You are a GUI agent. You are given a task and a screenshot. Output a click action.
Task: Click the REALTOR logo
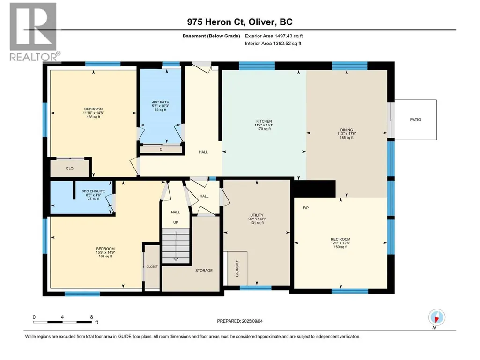click(34, 32)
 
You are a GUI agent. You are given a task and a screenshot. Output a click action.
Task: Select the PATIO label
click(415, 120)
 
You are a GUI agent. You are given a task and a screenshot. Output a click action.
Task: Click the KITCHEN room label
click(264, 121)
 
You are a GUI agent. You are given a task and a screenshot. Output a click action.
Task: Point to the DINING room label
click(347, 130)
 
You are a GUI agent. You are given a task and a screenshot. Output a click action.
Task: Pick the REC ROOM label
click(340, 239)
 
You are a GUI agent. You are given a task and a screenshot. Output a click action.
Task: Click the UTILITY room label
click(257, 215)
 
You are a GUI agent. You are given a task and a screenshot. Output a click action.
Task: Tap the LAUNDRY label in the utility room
click(237, 268)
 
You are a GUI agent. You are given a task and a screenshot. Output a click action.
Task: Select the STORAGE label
click(204, 271)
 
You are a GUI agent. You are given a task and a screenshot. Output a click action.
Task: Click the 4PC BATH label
click(161, 102)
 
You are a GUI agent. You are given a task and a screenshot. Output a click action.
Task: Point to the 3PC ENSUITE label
click(93, 191)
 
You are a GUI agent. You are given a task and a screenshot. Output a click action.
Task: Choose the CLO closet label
click(69, 169)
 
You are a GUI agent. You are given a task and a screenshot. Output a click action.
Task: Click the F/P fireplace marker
click(306, 208)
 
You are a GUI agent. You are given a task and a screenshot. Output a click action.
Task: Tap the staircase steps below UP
click(176, 245)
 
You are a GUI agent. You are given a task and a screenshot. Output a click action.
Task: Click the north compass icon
click(437, 317)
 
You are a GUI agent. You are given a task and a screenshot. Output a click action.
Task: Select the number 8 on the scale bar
click(91, 317)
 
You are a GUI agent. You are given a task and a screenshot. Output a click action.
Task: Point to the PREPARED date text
click(240, 321)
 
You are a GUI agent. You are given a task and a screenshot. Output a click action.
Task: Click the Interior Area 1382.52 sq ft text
click(273, 44)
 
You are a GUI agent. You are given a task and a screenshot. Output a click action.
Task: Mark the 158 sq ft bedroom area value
click(93, 117)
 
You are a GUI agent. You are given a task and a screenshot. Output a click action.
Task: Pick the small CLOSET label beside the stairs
click(152, 267)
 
